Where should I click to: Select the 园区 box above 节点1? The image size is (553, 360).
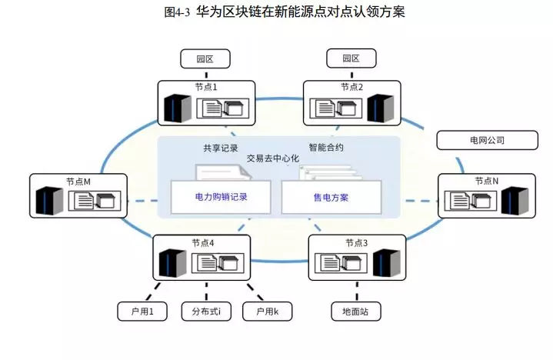click(x=204, y=58)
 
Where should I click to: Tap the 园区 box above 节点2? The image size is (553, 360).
click(x=351, y=58)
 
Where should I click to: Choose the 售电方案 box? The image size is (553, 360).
click(x=331, y=197)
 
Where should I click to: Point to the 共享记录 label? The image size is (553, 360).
click(x=221, y=148)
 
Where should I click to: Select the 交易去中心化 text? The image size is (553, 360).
click(x=272, y=158)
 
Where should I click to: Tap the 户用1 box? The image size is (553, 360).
click(x=142, y=312)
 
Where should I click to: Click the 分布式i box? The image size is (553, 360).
click(x=206, y=312)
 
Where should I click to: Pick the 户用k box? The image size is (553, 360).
click(x=266, y=312)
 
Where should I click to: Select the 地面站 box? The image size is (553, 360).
click(x=356, y=312)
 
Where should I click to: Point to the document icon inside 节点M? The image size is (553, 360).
click(x=84, y=202)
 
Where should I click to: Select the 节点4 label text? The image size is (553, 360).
click(x=203, y=243)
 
